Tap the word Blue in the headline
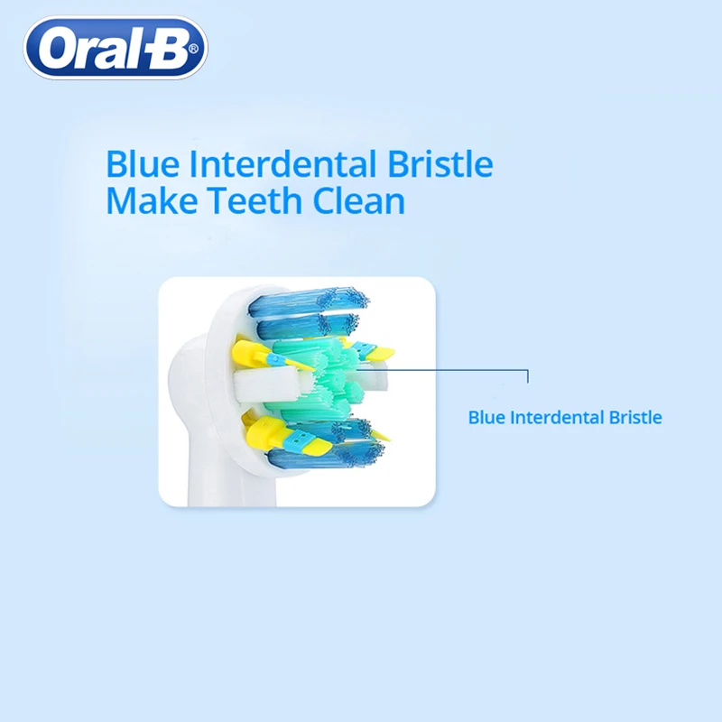coord(136,165)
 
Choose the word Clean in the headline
coord(358,200)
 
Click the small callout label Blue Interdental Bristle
coord(565,418)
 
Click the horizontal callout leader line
coord(442,367)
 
